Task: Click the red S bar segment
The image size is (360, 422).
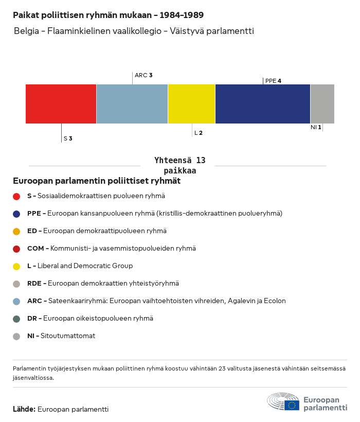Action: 61,104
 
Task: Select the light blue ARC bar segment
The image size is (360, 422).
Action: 132,104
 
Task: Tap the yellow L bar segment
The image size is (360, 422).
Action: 191,104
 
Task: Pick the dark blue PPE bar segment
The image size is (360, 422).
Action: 263,104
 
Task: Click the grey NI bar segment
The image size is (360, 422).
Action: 322,104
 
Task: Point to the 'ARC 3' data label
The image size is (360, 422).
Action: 143,75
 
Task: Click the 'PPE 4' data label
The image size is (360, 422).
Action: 273,81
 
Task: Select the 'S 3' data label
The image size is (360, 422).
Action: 68,138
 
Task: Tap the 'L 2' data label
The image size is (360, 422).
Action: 199,133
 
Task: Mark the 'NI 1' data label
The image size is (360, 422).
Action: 316,127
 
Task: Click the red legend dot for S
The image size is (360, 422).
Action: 16,196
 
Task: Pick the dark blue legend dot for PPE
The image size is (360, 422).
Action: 16,214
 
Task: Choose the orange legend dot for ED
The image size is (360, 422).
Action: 16,231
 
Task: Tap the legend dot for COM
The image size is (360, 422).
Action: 16,249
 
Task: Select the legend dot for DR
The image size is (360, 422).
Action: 16,319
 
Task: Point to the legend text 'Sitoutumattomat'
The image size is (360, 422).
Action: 68,336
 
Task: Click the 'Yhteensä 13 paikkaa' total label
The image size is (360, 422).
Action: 179,166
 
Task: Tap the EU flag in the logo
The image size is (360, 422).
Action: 292,405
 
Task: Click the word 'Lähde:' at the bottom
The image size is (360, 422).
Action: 24,409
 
